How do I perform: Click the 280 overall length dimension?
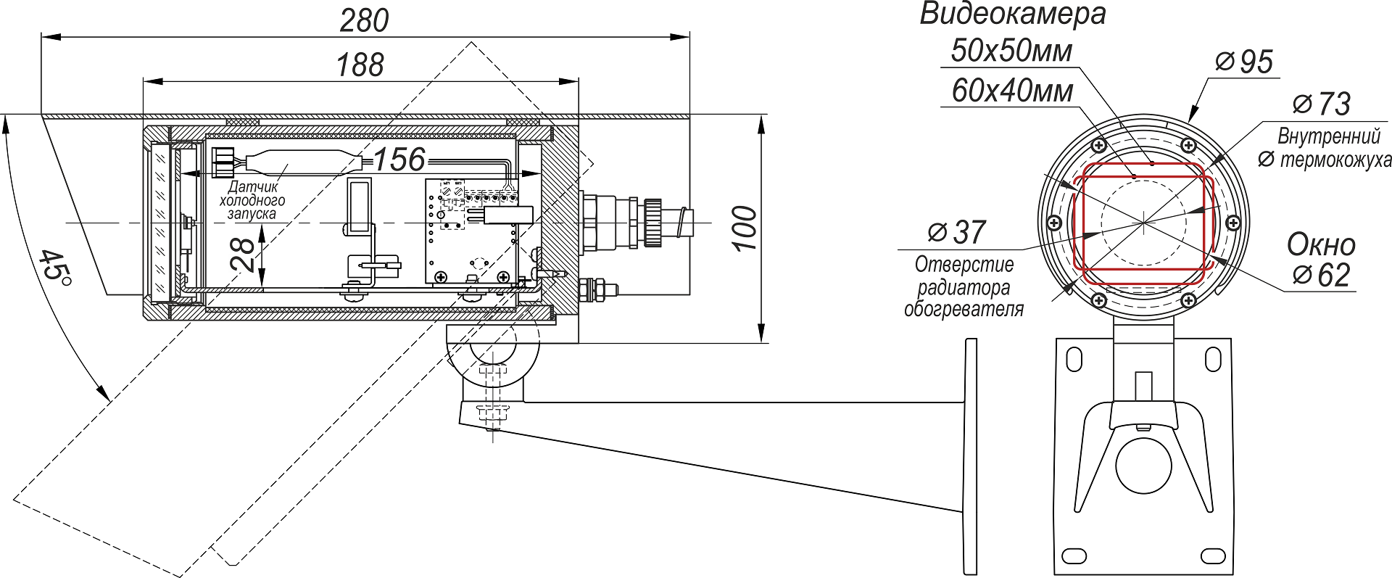coord(364,21)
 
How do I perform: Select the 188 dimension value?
coord(360,65)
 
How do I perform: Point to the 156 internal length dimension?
coord(399,160)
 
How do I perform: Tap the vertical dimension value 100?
coord(745,228)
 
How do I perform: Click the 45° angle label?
coord(54,273)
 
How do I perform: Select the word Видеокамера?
coord(1013,14)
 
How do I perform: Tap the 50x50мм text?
coord(1011,51)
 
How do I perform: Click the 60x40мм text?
coord(1012,91)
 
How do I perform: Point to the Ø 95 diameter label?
coord(1244,62)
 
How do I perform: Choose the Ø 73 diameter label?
coord(1321,104)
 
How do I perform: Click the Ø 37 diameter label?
coord(957,232)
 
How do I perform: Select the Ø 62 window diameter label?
coord(1321,276)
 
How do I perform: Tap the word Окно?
coord(1321,245)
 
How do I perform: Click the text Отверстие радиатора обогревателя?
coord(964,287)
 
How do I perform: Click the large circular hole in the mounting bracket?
coord(1143,465)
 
